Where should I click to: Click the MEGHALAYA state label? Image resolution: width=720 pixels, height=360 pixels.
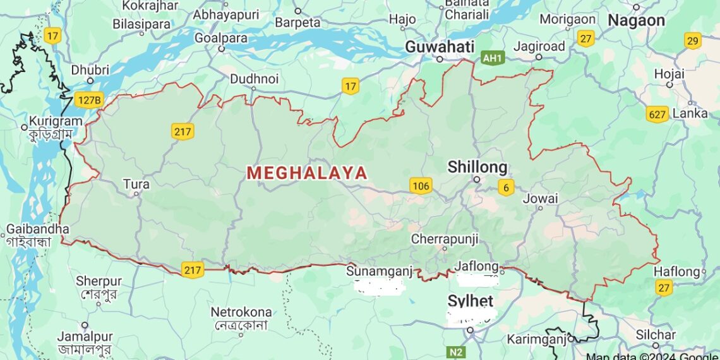[307, 172]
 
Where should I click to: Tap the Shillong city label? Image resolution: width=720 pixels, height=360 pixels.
[477, 167]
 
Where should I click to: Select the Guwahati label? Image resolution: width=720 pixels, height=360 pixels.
[440, 46]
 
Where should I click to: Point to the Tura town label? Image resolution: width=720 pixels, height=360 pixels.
[136, 184]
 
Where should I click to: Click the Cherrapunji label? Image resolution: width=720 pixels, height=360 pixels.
[445, 239]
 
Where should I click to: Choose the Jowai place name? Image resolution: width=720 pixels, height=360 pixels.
[540, 198]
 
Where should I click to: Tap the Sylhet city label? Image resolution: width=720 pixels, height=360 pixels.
[470, 300]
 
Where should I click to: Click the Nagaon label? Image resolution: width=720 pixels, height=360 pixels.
[636, 20]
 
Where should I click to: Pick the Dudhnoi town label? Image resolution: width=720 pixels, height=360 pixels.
[254, 79]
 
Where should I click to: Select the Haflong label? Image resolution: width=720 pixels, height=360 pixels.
[677, 272]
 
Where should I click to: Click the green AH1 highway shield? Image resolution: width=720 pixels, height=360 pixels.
[493, 58]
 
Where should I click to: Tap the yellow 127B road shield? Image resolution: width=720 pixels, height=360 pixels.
[88, 99]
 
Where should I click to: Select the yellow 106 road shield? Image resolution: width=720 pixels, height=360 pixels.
[420, 185]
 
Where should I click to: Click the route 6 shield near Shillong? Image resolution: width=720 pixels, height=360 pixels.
[505, 187]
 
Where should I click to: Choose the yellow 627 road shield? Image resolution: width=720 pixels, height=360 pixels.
[657, 114]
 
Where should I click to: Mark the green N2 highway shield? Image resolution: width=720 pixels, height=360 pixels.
[455, 352]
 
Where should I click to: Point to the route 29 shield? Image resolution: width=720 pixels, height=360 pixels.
[693, 41]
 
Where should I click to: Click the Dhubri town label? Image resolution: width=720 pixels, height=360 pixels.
[90, 70]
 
